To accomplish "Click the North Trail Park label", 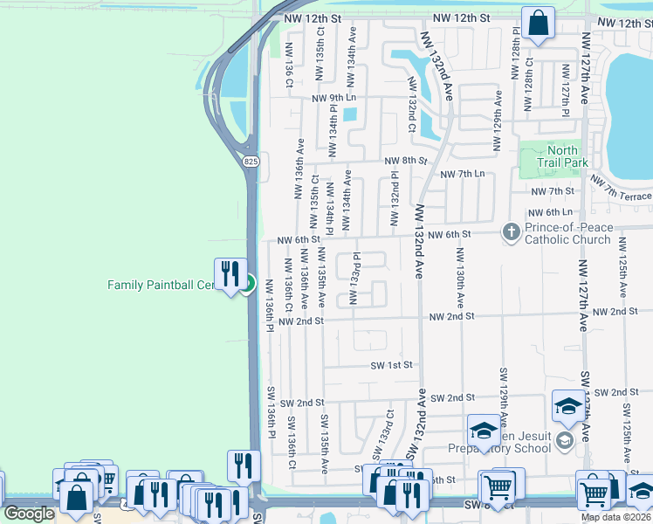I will [562, 156].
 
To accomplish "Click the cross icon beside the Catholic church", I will [511, 232].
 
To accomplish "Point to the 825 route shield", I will [251, 162].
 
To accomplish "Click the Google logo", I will [29, 514].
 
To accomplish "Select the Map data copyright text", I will [616, 517].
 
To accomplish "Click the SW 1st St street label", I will [390, 365].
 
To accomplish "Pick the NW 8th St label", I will [406, 161].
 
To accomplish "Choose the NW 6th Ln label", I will [551, 212].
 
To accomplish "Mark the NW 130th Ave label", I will [459, 279].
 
